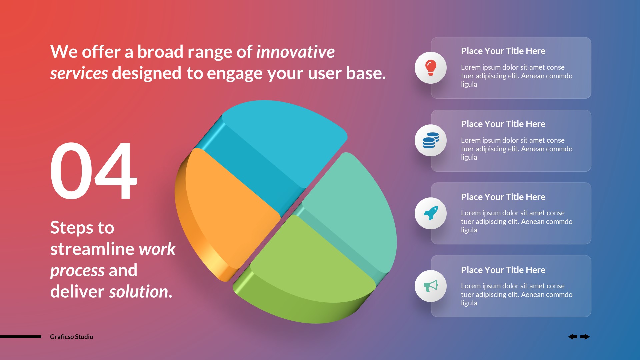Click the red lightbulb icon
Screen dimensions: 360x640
430,68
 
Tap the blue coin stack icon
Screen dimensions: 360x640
430,140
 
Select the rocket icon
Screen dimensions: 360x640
430,213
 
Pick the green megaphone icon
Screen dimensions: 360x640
430,286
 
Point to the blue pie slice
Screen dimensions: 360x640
283,140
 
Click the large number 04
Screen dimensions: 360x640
93,171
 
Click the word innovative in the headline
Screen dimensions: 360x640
295,52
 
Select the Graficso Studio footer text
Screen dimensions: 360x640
71,337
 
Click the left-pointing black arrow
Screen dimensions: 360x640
573,337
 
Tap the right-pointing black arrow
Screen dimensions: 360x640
585,337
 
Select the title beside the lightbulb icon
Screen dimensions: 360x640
503,51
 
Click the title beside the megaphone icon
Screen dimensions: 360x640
503,270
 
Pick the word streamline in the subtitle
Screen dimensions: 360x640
92,249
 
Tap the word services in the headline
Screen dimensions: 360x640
79,73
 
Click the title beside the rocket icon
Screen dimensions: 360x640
503,197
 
